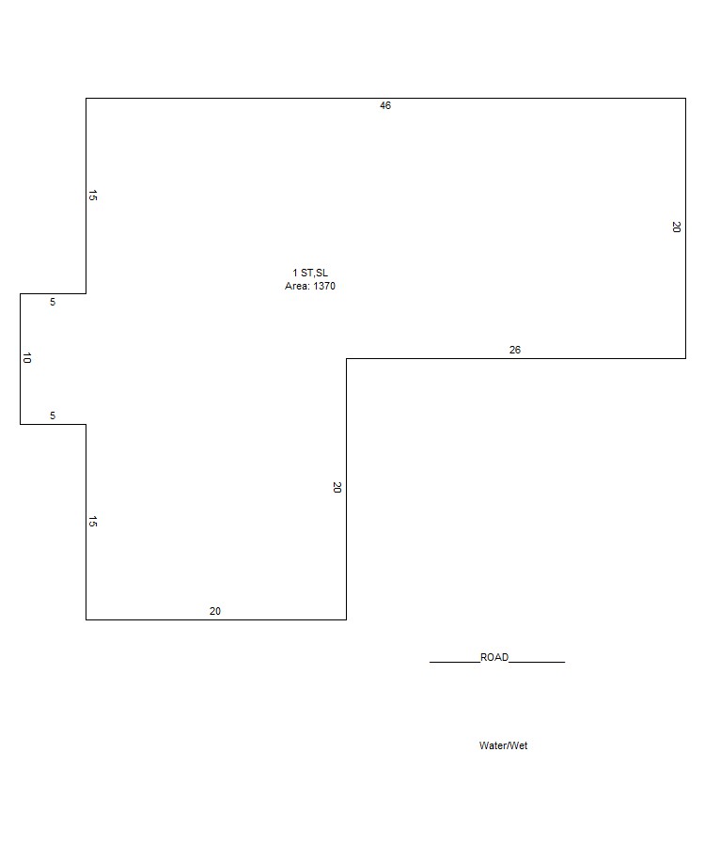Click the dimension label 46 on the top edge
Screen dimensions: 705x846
tap(385, 105)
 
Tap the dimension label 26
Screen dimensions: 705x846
tap(515, 351)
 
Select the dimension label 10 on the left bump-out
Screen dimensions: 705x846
tap(27, 358)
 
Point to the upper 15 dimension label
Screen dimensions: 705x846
tap(93, 196)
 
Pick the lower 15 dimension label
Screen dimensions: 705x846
tap(93, 521)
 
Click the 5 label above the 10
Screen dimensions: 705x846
tap(53, 302)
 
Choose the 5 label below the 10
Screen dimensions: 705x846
tap(53, 416)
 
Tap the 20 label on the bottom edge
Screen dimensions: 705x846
tap(215, 611)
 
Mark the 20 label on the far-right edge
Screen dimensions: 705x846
tap(677, 227)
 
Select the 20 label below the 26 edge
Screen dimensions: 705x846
tap(337, 487)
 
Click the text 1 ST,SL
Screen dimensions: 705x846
tap(310, 273)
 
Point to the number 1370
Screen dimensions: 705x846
tap(324, 286)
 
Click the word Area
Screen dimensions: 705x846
tap(297, 286)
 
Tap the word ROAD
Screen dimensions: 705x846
tap(494, 657)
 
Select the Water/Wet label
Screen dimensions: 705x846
tap(503, 745)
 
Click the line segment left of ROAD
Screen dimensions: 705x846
tap(455, 662)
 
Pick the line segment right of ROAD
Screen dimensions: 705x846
tap(537, 662)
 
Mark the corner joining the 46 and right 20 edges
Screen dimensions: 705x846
tap(685, 98)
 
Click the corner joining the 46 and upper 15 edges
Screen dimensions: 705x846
tap(86, 98)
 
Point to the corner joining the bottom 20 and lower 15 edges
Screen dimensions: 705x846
tap(86, 619)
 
